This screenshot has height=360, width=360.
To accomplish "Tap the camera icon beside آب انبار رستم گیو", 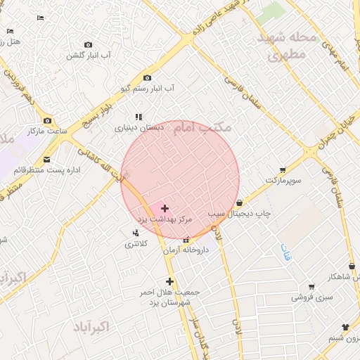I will pos(147,77).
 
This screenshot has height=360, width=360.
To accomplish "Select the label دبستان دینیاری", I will pos(139,128).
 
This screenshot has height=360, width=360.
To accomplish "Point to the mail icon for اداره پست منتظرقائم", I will pos(47,160).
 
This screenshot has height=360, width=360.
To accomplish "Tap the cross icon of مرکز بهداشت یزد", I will pos(165,208).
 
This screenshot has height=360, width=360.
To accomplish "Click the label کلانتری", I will pos(136,244).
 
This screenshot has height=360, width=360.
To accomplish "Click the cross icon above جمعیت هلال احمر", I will pos(169,281).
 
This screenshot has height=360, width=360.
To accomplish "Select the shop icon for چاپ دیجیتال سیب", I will pos(240,202).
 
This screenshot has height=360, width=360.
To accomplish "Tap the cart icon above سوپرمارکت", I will pos(282,169).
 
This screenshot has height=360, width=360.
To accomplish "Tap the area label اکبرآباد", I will pos(91,327).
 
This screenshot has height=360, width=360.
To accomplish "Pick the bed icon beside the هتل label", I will pos(10,31).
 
